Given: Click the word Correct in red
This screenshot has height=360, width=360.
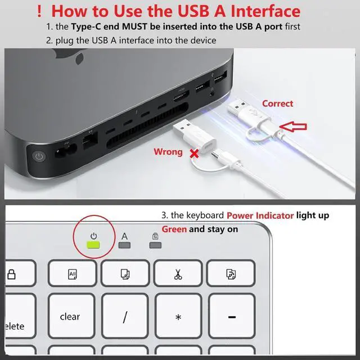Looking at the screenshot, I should (x=277, y=103).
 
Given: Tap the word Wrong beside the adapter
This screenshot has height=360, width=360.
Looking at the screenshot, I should (x=168, y=152).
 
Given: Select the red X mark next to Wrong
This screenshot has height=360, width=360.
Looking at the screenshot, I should (x=195, y=153).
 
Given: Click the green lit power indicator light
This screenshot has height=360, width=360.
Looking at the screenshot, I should (x=93, y=245).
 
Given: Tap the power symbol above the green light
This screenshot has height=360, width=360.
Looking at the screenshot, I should (x=93, y=236).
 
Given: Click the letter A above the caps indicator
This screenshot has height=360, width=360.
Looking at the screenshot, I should (x=125, y=236).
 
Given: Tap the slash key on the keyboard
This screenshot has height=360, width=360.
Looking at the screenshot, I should (x=125, y=317).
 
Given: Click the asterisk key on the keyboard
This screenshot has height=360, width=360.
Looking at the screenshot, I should (x=178, y=317).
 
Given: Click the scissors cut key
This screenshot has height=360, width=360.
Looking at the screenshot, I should (x=178, y=274).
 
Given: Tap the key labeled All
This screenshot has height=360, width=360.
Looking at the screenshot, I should (x=72, y=274).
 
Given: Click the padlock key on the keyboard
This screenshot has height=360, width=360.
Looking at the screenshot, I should (x=11, y=274).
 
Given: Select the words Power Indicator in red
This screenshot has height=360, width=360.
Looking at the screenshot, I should (x=260, y=215).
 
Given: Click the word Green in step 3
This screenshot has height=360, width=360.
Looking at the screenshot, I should (x=174, y=229).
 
